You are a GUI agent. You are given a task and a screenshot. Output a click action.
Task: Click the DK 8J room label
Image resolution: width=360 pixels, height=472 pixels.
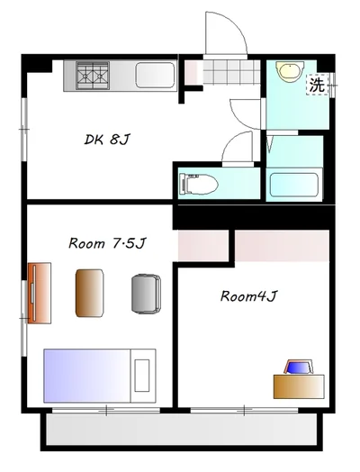click(x=107, y=140)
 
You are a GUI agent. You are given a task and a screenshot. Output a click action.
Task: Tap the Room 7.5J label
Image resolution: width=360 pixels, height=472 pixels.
click(x=107, y=243)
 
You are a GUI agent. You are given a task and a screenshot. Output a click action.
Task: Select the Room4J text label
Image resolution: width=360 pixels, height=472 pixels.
click(x=248, y=296)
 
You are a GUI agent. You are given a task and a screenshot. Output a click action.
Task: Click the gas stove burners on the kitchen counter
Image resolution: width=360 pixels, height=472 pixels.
click(x=93, y=76)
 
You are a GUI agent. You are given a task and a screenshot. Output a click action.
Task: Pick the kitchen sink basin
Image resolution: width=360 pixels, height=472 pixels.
click(x=155, y=76)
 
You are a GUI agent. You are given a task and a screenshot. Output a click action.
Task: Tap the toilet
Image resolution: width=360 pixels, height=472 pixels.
click(x=199, y=185)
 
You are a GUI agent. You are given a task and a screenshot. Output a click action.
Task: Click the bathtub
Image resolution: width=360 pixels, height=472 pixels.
click(x=293, y=185)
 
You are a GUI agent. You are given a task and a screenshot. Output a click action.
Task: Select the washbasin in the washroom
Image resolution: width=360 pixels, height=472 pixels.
click(x=290, y=71)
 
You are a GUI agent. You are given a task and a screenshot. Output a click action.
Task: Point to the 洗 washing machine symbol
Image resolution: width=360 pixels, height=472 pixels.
click(x=318, y=85)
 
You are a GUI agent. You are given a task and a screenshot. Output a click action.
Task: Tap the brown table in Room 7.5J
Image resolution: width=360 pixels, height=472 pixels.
click(x=90, y=293)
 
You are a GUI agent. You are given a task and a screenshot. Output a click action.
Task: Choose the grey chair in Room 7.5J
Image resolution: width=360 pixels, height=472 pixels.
click(x=146, y=294)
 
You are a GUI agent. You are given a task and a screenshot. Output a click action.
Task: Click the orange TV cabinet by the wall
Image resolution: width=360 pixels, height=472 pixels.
click(x=40, y=293)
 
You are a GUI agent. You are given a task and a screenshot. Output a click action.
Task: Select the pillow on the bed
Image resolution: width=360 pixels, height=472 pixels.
click(x=142, y=376)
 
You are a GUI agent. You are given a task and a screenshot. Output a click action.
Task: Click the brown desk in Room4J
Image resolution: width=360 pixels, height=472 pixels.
click(x=299, y=386)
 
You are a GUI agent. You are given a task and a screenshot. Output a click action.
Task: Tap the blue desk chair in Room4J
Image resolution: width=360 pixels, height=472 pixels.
click(x=299, y=367)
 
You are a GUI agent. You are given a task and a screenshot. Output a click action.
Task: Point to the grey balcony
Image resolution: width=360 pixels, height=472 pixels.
click(x=182, y=431)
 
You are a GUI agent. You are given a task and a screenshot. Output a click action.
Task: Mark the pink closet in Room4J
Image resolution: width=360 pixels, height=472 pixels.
click(x=282, y=246)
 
